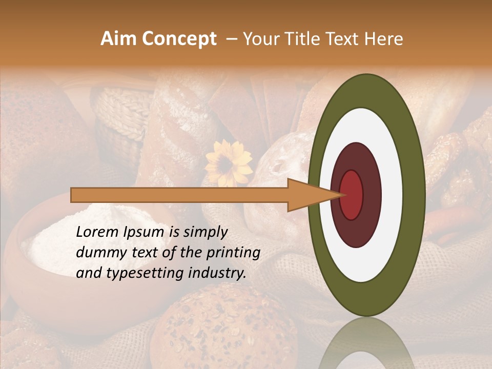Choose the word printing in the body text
click(x=234, y=253)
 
